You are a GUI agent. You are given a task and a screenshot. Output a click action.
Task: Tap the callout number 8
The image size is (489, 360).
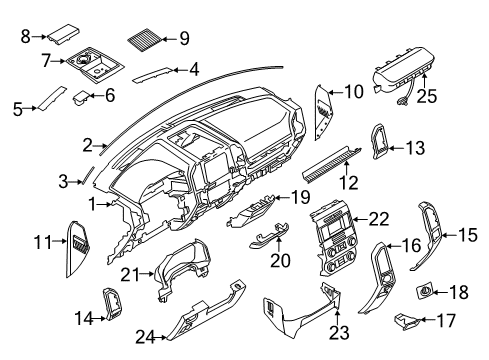pos(25,36)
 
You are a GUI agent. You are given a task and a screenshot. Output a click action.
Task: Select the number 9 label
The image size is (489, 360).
pos(183,39)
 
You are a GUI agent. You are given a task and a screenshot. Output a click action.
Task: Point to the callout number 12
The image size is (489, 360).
pos(349,182)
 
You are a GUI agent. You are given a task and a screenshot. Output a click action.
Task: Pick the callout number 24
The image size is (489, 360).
pos(145,338)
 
